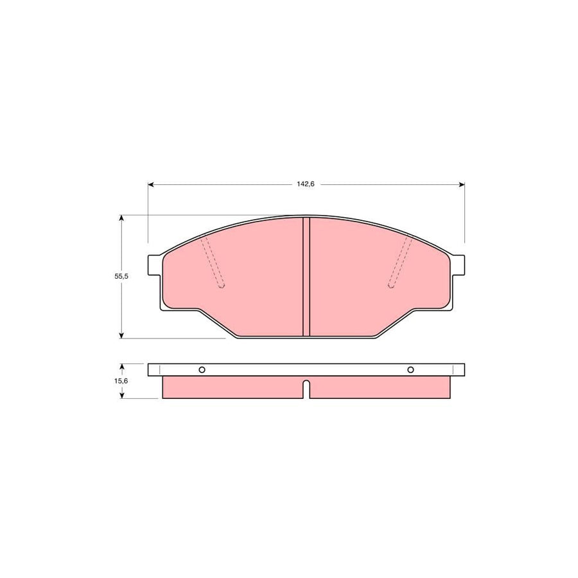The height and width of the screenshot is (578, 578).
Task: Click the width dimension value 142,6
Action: pos(306,184)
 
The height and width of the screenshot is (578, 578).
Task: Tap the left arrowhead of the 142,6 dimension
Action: pos(152,185)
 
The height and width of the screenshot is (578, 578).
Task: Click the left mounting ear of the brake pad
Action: pos(155,264)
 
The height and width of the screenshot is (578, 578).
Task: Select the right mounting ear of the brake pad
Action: pos(457,264)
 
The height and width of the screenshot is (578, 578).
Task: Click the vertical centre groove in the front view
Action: pos(306,276)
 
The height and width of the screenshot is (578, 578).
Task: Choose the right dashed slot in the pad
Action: pos(399,263)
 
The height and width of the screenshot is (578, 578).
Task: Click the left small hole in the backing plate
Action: pos(202,369)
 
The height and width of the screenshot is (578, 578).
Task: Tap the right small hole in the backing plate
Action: pos(411,369)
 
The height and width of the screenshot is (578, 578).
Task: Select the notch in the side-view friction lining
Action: pos(306,389)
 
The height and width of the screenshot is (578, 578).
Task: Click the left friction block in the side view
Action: pos(231,387)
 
